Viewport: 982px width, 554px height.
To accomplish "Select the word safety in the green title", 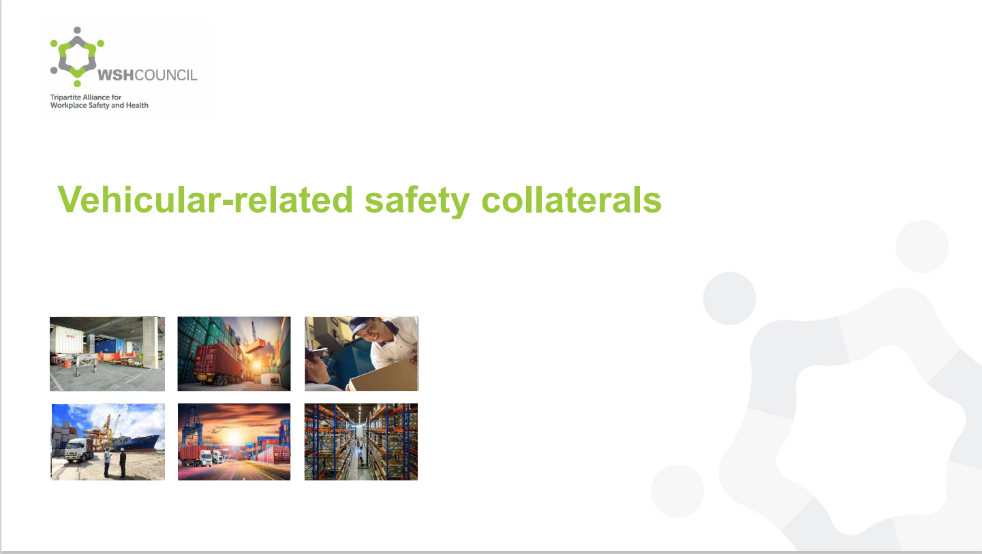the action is [x=417, y=201].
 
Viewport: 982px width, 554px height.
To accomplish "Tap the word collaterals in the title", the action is [x=571, y=200].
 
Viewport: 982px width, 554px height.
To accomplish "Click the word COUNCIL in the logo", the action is [x=166, y=75].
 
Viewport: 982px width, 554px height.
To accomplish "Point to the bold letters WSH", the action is [x=116, y=75].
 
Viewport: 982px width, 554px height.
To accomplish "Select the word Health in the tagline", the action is [x=137, y=105].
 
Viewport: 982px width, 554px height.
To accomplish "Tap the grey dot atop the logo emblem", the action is [x=77, y=30].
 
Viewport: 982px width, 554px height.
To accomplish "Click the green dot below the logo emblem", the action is [x=77, y=83].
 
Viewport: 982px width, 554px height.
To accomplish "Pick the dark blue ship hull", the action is [x=140, y=443].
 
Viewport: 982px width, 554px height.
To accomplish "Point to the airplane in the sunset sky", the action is [x=215, y=431].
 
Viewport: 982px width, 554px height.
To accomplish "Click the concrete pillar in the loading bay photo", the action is [x=150, y=342].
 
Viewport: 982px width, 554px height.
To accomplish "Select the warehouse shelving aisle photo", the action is [x=361, y=442].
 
